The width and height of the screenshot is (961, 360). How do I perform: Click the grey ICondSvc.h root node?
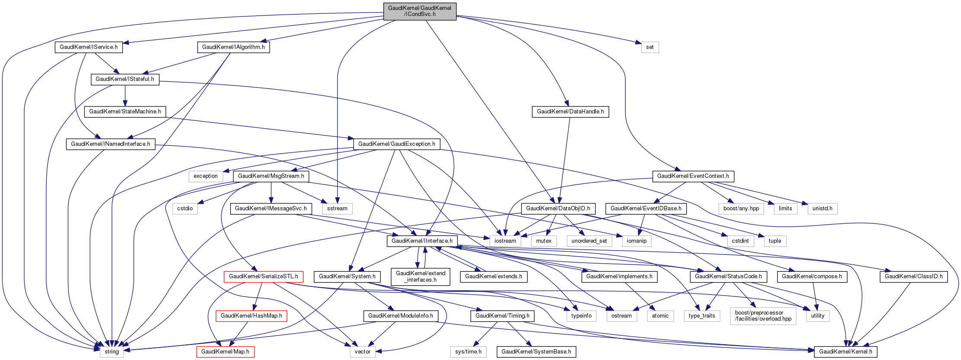(419, 11)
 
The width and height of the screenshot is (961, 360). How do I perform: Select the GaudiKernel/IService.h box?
(89, 47)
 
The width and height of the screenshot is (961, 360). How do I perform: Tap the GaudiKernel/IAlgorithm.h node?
(233, 47)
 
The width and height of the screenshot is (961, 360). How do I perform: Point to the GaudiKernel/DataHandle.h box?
(570, 112)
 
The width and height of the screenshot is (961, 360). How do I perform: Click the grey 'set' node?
(649, 47)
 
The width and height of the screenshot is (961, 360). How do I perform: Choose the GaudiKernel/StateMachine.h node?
(125, 112)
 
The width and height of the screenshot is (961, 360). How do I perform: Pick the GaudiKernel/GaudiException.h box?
(396, 144)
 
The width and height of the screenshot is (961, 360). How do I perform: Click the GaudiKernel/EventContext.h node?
(693, 176)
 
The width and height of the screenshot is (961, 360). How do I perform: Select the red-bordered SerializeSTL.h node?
(263, 276)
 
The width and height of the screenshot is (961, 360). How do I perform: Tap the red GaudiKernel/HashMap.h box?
(251, 316)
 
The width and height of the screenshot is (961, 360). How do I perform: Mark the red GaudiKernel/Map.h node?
(225, 352)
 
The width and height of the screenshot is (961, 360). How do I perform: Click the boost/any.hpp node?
(741, 209)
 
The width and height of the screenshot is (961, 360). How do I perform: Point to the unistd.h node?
(822, 209)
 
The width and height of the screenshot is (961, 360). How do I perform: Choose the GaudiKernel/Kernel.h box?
(845, 352)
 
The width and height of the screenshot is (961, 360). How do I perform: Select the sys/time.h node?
(468, 352)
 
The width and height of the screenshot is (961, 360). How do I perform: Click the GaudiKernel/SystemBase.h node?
(536, 352)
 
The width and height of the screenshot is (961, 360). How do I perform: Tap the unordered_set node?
(589, 241)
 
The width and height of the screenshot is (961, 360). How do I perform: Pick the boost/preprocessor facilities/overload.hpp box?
(763, 316)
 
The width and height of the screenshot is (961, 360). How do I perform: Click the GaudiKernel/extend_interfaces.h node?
(420, 276)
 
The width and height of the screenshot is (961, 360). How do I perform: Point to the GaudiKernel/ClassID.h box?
(913, 276)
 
